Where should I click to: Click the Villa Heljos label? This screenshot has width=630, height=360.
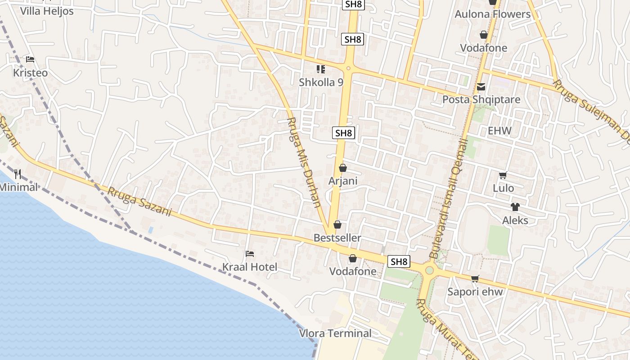47,11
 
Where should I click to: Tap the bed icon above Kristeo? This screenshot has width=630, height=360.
30,59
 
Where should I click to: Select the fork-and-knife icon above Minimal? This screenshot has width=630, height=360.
18,174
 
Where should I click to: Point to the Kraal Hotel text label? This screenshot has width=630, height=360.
250,267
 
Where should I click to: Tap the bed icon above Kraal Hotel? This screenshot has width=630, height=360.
250,254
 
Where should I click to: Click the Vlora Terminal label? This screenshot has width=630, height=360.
336,333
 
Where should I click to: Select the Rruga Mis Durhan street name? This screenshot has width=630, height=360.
304,162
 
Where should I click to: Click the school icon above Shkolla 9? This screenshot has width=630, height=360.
321,69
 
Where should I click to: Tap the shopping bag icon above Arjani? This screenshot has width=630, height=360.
343,168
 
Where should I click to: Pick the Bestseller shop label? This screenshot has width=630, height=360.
337,238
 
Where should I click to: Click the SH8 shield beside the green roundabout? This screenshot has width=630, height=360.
399,261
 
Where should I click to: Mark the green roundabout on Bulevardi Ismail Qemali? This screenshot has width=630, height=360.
429,270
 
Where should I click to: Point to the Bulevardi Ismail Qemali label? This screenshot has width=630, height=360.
450,198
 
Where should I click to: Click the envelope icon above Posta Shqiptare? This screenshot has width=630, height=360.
481,86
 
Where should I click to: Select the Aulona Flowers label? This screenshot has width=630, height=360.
493,14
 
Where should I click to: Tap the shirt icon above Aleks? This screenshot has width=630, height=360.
515,207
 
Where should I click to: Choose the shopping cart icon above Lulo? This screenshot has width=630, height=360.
503,175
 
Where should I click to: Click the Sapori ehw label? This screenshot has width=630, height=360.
475,292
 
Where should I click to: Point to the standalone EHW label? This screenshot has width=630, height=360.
500,131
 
